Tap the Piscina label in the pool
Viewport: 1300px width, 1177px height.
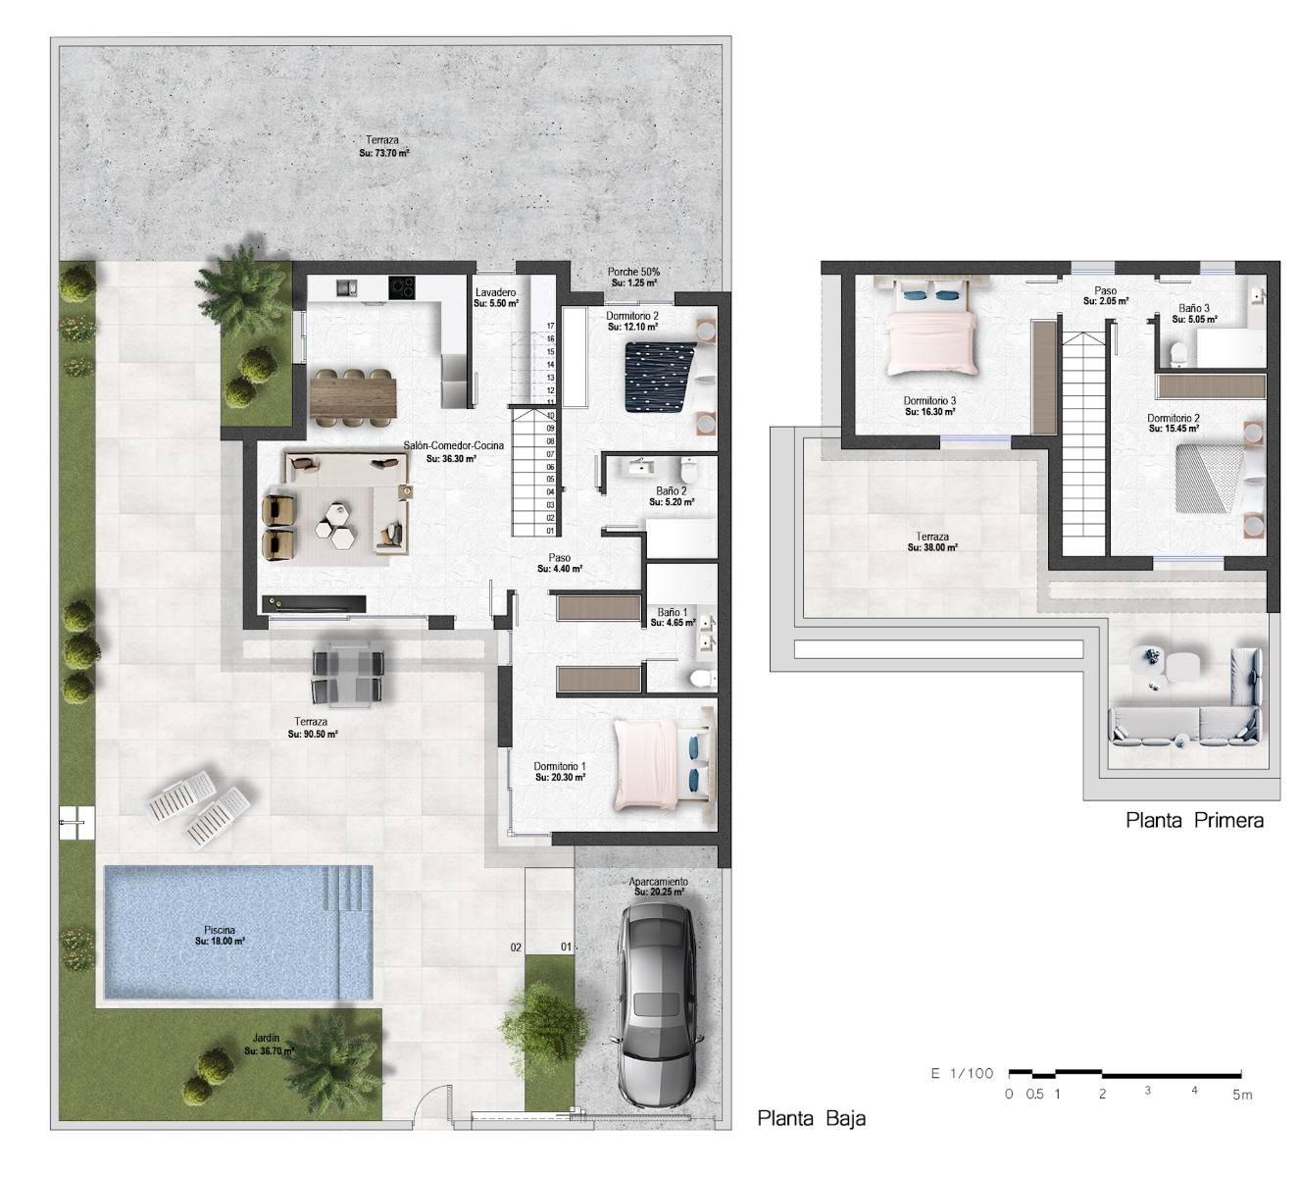(x=220, y=930)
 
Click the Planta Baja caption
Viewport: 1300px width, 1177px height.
(x=812, y=1118)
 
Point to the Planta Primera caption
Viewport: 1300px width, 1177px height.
(x=1194, y=820)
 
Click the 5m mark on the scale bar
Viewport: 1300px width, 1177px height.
(x=1242, y=1095)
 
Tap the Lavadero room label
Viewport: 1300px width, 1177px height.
(x=496, y=292)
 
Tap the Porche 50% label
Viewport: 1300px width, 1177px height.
(x=633, y=272)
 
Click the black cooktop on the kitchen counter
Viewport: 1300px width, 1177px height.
(x=402, y=287)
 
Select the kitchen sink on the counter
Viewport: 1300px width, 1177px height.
(x=346, y=287)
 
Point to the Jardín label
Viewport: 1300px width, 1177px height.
(x=266, y=1039)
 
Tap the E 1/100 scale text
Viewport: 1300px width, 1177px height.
(x=962, y=1073)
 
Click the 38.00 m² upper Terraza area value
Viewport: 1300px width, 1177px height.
(x=932, y=547)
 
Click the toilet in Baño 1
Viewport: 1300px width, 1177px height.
(x=701, y=678)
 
